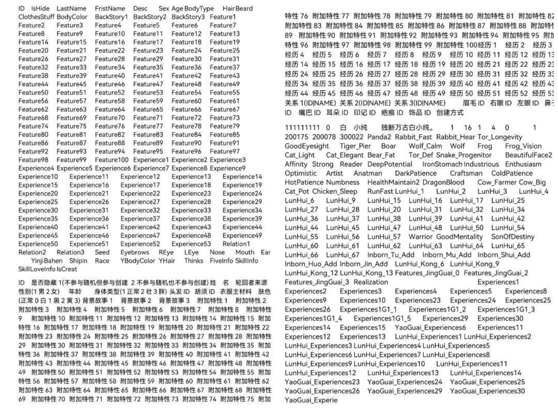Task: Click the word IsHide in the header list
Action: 40,8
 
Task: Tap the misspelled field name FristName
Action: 110,8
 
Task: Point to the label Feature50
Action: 33,92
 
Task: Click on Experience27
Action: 140,202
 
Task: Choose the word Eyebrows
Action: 135,252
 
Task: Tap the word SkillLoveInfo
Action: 36,269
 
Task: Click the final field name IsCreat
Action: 67,269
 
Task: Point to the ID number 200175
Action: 296,137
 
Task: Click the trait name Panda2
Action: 379,137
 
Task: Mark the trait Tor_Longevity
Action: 500,137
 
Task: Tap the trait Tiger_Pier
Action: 356,146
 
